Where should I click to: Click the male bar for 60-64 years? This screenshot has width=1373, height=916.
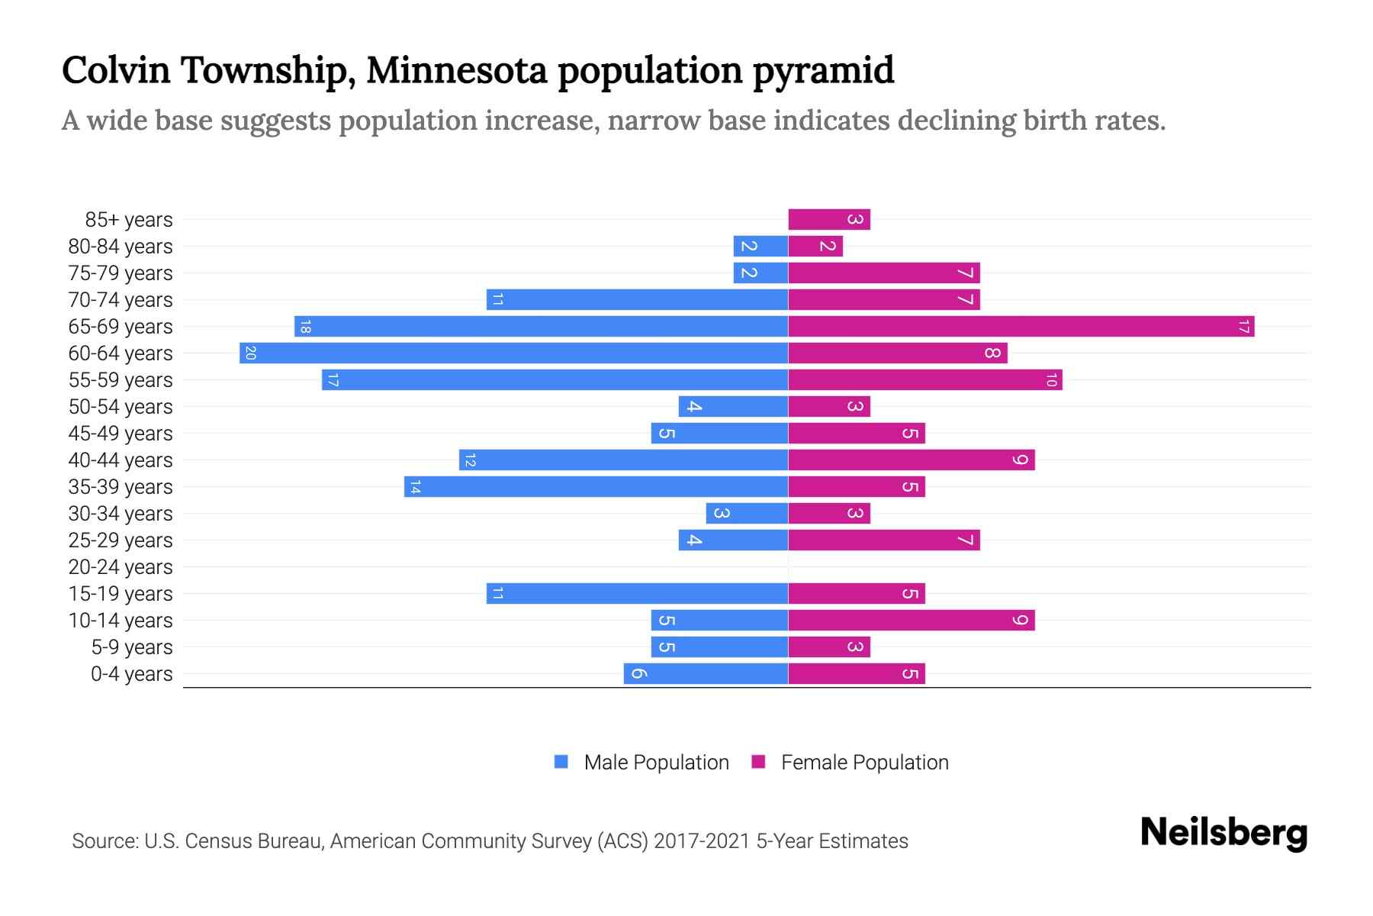513,353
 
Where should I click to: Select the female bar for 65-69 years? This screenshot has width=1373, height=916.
1021,327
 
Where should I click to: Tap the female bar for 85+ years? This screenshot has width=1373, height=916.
828,220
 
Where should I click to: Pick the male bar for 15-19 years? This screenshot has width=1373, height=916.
637,594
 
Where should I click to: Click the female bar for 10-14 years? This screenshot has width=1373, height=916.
911,621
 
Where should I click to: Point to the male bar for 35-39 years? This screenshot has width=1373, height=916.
596,487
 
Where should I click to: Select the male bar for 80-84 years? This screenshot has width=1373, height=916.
760,247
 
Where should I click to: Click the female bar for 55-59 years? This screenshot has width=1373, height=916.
924,380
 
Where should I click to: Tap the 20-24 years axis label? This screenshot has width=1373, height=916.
121,567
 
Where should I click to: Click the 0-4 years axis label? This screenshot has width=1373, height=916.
131,674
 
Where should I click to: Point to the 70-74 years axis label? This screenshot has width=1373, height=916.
121,300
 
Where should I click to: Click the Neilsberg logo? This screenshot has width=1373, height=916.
1223,833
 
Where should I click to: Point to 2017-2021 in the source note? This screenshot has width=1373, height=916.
702,841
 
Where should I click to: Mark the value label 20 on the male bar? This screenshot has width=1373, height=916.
250,353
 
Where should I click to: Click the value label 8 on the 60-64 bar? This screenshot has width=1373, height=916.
992,353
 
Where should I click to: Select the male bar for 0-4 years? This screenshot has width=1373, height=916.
706,674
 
